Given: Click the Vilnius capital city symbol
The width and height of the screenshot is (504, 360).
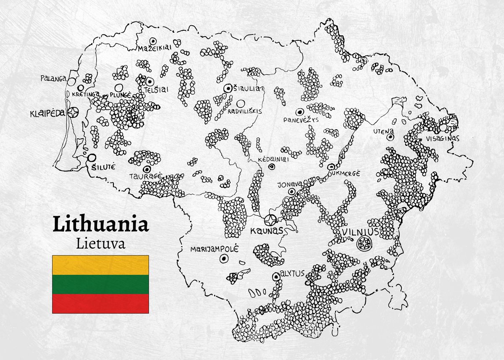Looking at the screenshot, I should [363, 243].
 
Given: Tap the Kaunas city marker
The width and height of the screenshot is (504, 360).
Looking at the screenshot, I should [270, 220].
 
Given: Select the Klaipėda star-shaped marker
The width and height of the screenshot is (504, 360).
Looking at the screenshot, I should [74, 113].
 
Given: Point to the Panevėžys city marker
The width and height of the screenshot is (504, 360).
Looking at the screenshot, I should [300, 112].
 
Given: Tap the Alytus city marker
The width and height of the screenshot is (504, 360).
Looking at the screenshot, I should [276, 276].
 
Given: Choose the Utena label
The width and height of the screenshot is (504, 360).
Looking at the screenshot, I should [383, 131].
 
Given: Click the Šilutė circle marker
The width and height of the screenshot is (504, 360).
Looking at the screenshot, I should [91, 158].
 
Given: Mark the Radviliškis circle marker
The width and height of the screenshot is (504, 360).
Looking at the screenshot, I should [240, 103].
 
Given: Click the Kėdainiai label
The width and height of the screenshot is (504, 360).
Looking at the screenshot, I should [271, 160].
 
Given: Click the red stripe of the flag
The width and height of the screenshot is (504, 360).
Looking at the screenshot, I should [100, 303].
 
